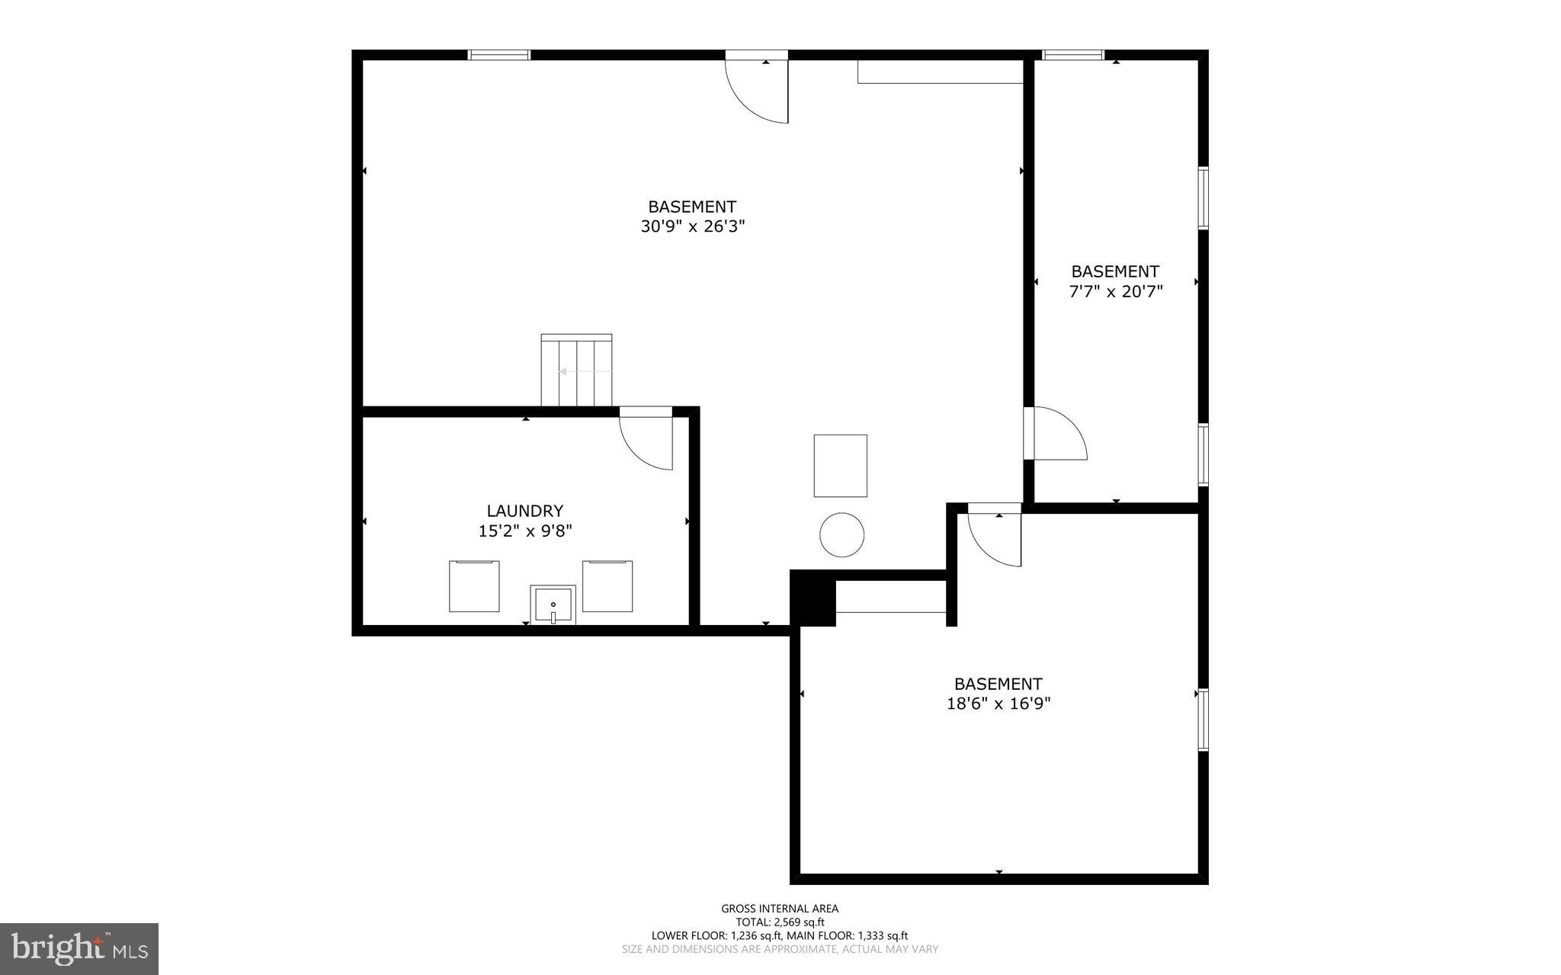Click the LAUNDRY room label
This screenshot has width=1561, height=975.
click(524, 511)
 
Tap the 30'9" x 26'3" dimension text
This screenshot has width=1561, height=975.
click(692, 226)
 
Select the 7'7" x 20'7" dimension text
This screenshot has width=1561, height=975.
click(1116, 291)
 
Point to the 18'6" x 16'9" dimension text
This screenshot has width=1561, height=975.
click(998, 704)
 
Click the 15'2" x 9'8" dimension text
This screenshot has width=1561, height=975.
click(524, 531)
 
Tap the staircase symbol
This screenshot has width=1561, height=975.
click(576, 370)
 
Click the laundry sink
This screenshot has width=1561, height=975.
click(553, 605)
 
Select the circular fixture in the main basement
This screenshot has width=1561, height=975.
click(841, 534)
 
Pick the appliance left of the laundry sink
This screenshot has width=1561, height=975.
click(474, 585)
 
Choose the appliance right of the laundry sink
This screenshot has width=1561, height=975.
click(607, 585)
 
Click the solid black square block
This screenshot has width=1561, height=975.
click(813, 598)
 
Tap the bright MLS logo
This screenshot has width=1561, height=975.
click(79, 948)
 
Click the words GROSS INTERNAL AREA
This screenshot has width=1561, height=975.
click(780, 908)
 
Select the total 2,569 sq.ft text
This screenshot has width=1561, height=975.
click(780, 922)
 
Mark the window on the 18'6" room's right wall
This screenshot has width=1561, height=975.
click(1203, 720)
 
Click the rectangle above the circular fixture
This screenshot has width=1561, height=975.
click(840, 466)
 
